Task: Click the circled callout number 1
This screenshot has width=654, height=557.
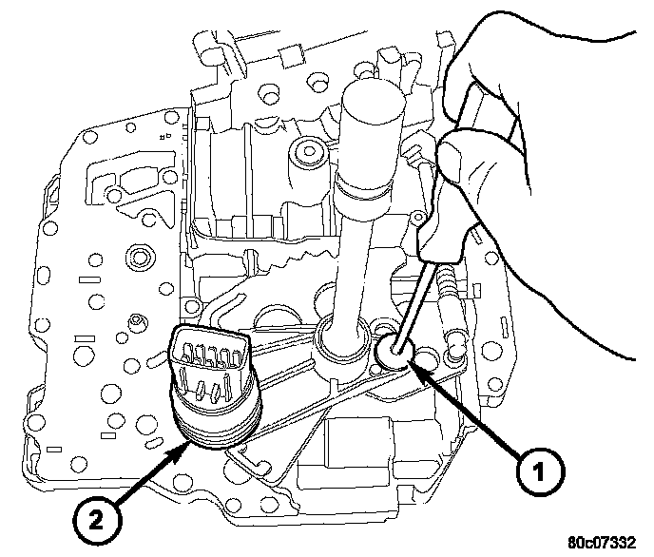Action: (537, 468)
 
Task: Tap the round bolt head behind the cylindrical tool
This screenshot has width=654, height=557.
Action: (306, 150)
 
